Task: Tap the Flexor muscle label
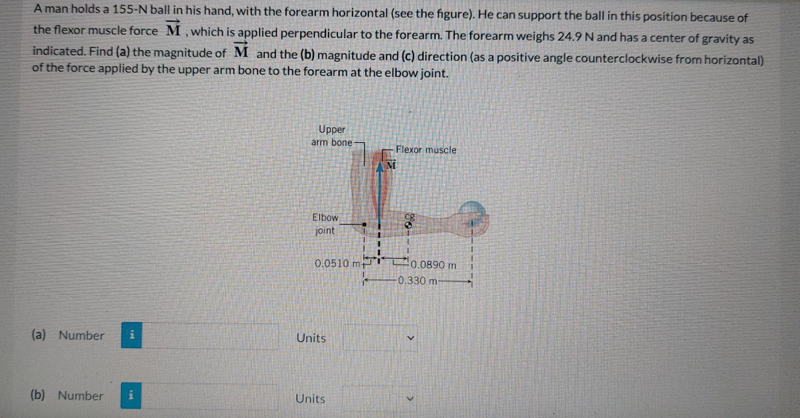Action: coord(426,150)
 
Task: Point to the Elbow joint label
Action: coord(325,224)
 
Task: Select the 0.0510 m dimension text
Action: coord(337,264)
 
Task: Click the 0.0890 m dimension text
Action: coord(433,265)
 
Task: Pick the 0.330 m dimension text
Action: coord(417,280)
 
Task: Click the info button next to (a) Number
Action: coord(131,335)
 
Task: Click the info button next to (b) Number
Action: coord(131,395)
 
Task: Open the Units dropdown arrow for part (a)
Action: coord(410,338)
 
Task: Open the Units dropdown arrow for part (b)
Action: coord(410,398)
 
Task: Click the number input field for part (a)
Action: coord(210,336)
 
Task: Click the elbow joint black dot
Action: coord(364,224)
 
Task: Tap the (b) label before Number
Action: coord(38,395)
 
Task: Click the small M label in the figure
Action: coord(390,165)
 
